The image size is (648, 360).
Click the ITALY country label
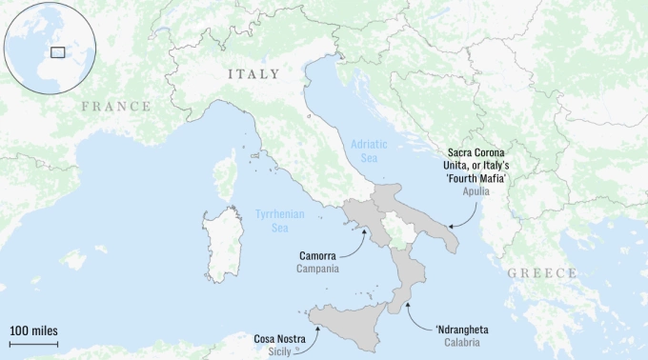(x=253, y=74)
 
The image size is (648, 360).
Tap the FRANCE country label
(x=115, y=107)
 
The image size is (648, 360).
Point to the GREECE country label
(x=541, y=273)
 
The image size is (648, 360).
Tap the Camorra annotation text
(x=317, y=256)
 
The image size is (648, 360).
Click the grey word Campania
(x=317, y=270)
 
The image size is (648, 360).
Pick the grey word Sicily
(x=281, y=350)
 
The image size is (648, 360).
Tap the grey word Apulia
(x=476, y=190)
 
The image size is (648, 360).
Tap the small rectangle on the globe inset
(x=57, y=51)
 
